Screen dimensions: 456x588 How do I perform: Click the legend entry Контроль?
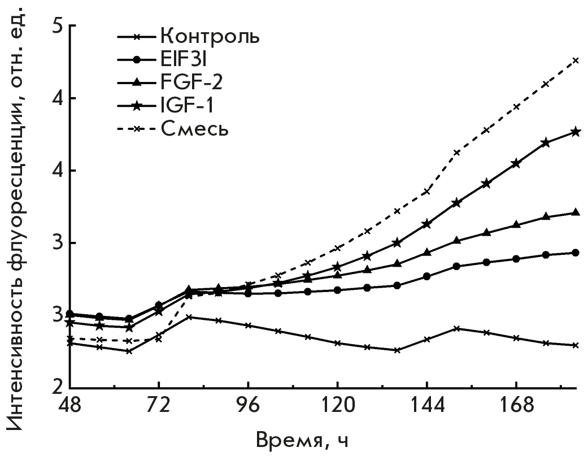pyautogui.click(x=210, y=37)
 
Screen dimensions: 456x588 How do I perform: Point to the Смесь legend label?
pyautogui.click(x=194, y=128)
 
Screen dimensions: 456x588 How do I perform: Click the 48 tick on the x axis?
pyautogui.click(x=69, y=406)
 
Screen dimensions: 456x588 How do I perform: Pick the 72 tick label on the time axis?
pyautogui.click(x=158, y=406)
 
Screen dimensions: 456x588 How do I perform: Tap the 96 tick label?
pyautogui.click(x=248, y=406)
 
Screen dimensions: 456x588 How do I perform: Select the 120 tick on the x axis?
pyautogui.click(x=337, y=406)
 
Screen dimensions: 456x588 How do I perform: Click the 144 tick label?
pyautogui.click(x=426, y=406)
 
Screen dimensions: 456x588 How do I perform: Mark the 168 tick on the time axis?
pyautogui.click(x=516, y=406)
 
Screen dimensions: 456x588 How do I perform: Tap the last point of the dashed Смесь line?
pyautogui.click(x=576, y=60)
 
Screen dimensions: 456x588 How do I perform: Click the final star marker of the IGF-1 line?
pyautogui.click(x=576, y=132)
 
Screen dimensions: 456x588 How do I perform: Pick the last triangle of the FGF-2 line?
pyautogui.click(x=576, y=212)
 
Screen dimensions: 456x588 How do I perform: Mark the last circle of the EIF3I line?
pyautogui.click(x=576, y=253)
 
